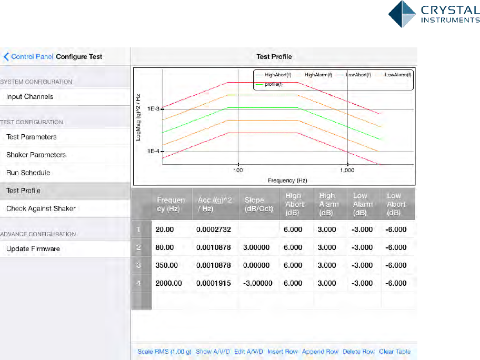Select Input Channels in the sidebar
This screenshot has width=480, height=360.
(x=30, y=97)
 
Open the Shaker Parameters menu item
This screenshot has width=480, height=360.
(x=36, y=155)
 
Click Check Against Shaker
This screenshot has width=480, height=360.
(x=41, y=208)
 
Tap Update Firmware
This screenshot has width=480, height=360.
(x=33, y=248)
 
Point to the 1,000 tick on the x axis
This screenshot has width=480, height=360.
(x=347, y=170)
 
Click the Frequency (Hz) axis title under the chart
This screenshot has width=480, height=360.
(x=287, y=180)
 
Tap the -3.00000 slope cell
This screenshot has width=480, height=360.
(x=258, y=283)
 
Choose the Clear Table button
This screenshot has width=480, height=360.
(x=395, y=352)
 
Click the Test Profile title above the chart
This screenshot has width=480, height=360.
(x=274, y=57)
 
